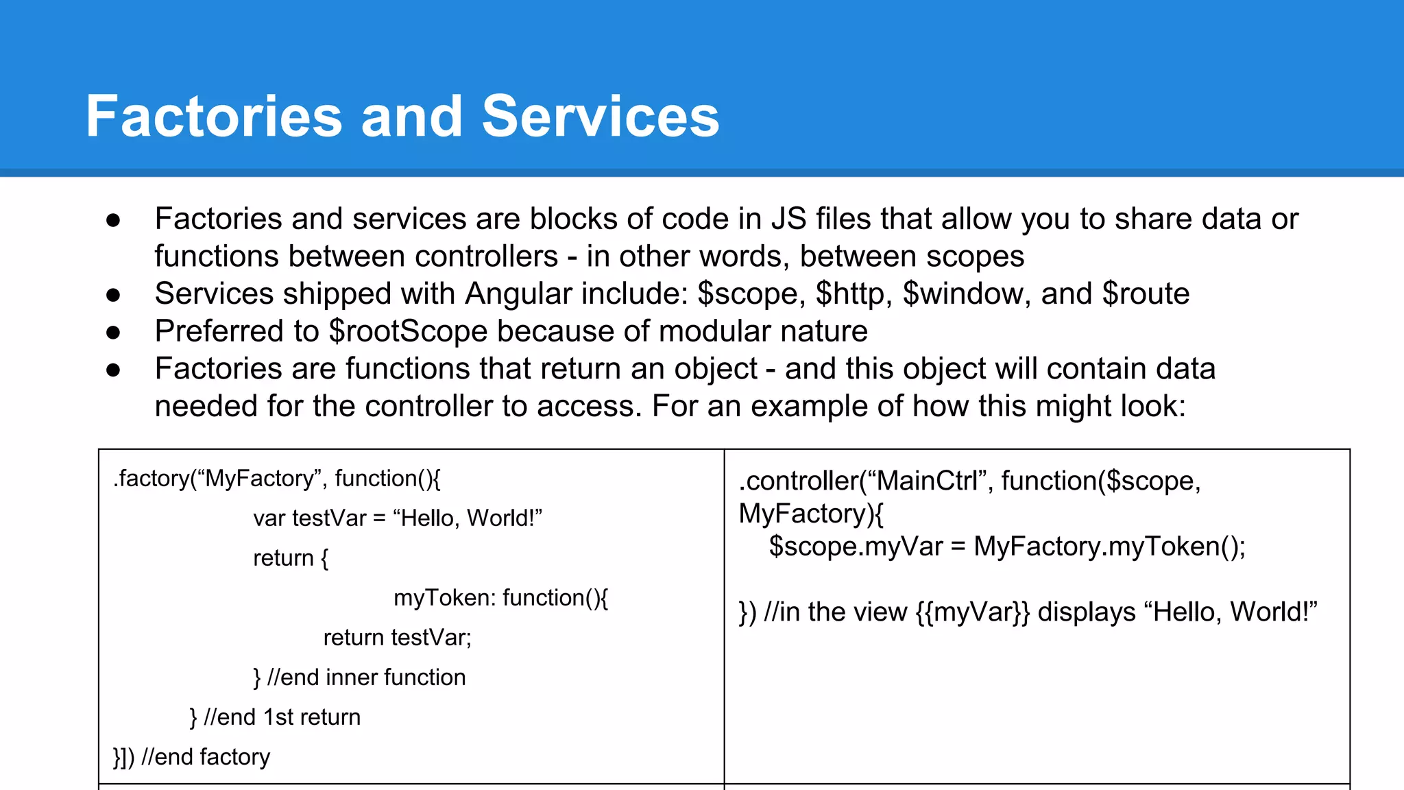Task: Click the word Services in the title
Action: [x=601, y=117]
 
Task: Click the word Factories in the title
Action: [x=213, y=117]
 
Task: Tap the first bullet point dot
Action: [x=113, y=220]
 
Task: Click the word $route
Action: [x=1146, y=294]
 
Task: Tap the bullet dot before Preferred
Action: [x=113, y=333]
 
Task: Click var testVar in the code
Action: [x=309, y=518]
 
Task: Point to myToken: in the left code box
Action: [x=444, y=598]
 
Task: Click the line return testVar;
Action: [x=397, y=638]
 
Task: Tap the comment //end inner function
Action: [x=366, y=678]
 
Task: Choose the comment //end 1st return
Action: [x=282, y=717]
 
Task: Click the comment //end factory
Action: [x=205, y=757]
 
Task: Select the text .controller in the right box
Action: [x=799, y=481]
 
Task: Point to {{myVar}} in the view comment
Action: [x=972, y=612]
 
